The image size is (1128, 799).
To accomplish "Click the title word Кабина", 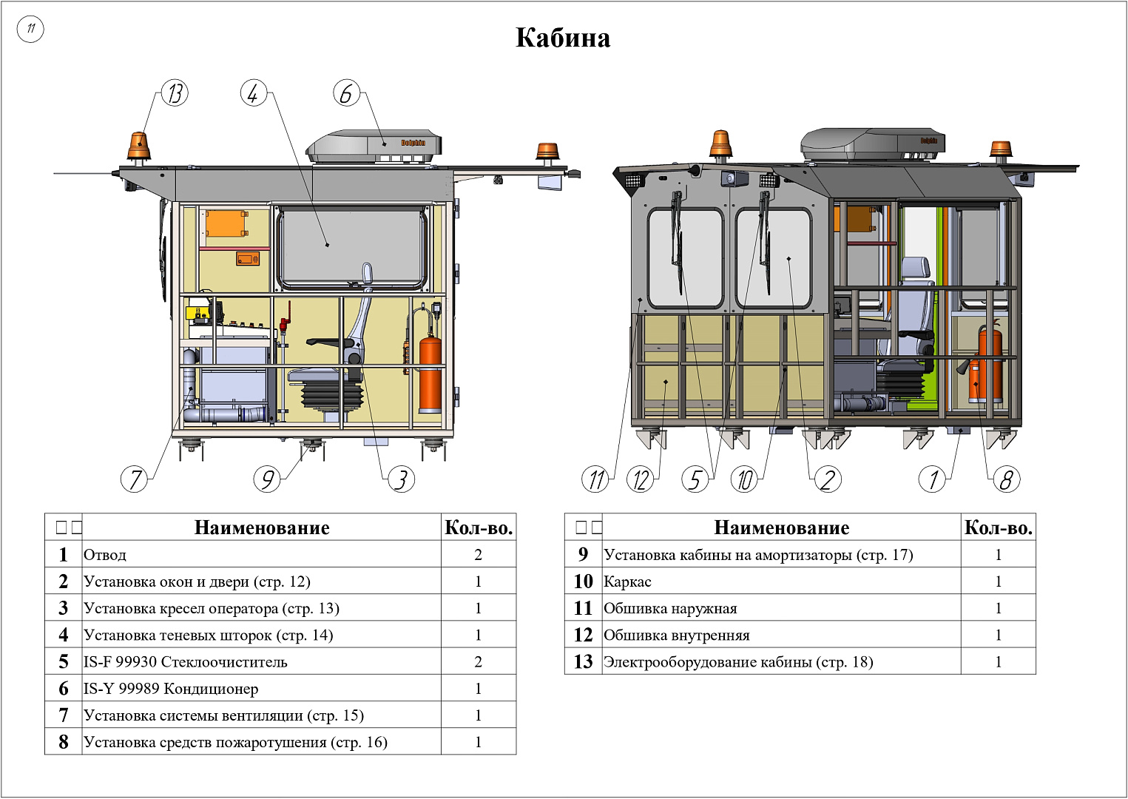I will click(563, 38).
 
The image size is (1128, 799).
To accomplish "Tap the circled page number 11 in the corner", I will click(30, 29).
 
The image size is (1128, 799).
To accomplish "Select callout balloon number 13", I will click(175, 94).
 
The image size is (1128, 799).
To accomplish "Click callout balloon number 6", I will click(346, 94).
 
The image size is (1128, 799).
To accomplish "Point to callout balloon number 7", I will click(134, 479).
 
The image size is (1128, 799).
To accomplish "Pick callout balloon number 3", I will click(401, 479).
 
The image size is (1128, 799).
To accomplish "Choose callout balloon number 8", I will click(1006, 479).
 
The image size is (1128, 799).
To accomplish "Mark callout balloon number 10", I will click(745, 479).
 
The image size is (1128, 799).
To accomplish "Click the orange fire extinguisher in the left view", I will click(430, 374).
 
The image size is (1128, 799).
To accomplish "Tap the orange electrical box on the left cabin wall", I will click(225, 223).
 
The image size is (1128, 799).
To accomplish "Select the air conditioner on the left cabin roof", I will click(375, 146).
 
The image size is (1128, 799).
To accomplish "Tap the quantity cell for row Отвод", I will click(478, 555).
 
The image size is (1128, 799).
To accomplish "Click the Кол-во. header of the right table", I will click(998, 527).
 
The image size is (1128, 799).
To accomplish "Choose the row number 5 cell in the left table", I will click(64, 661).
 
